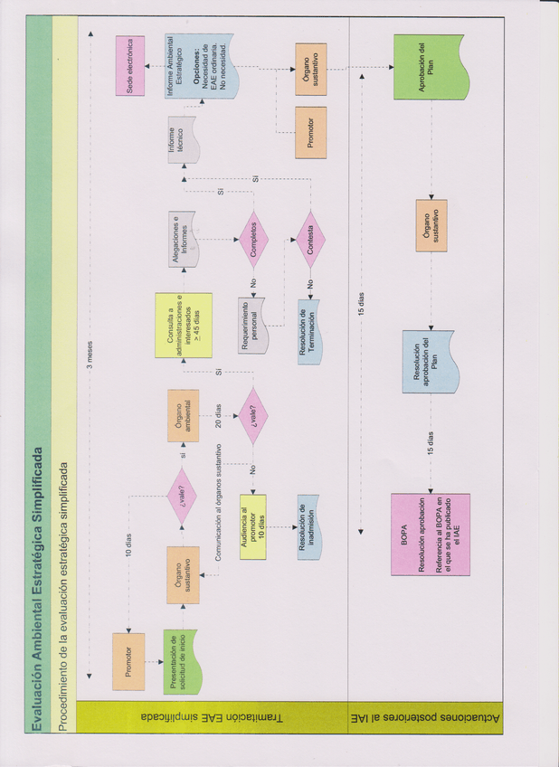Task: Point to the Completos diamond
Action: pos(254,239)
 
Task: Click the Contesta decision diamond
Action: pos(310,239)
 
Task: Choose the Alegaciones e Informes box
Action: pos(184,241)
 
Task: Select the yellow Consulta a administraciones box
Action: pos(183,325)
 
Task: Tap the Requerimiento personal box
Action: pos(254,323)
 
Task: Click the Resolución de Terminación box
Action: pos(310,323)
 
